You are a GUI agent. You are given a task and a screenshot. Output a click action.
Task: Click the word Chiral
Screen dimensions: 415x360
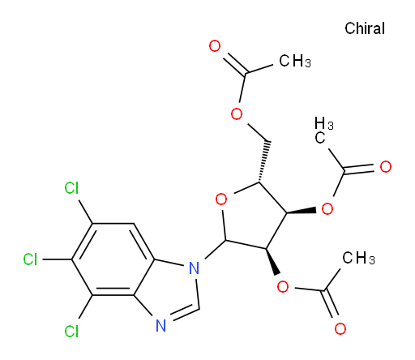[x=365, y=28]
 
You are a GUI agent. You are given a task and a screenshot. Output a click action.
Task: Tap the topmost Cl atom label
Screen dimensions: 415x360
[x=71, y=188]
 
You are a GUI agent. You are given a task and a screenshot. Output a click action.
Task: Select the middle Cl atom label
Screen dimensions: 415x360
[x=30, y=259]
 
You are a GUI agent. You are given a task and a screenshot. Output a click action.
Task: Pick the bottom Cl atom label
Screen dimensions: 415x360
[x=71, y=331]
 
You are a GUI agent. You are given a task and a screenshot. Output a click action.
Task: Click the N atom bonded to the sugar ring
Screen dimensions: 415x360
[x=194, y=268]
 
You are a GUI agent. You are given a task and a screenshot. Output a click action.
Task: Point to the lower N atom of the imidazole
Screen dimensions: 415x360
[x=161, y=326]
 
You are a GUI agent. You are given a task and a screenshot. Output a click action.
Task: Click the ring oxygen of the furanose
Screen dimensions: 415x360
[x=221, y=199]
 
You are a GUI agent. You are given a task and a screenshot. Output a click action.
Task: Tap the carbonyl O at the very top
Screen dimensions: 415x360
[x=215, y=46]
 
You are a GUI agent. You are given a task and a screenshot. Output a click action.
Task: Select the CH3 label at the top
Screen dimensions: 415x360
[x=295, y=61]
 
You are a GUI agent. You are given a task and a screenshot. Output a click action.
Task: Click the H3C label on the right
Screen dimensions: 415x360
[x=324, y=131]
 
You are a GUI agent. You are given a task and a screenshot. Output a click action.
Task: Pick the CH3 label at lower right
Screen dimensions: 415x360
[x=358, y=258]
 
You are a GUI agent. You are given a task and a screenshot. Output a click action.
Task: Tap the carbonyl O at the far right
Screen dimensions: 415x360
[x=386, y=167]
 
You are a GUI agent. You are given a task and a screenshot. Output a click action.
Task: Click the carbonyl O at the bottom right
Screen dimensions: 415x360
[x=340, y=328]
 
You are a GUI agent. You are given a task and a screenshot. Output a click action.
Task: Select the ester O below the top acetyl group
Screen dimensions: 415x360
[x=237, y=114]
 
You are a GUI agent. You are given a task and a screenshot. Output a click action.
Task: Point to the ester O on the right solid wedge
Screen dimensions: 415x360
[x=327, y=208]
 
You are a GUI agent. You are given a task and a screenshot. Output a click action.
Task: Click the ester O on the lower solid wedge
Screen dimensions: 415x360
[x=283, y=286]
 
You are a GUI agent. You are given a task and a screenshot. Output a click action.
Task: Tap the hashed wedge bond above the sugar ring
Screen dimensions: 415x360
[x=264, y=161]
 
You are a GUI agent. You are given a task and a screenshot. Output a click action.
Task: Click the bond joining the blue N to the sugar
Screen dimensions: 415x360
[x=216, y=249]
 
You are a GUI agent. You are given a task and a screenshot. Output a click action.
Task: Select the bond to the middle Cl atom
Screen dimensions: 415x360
[x=58, y=259]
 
